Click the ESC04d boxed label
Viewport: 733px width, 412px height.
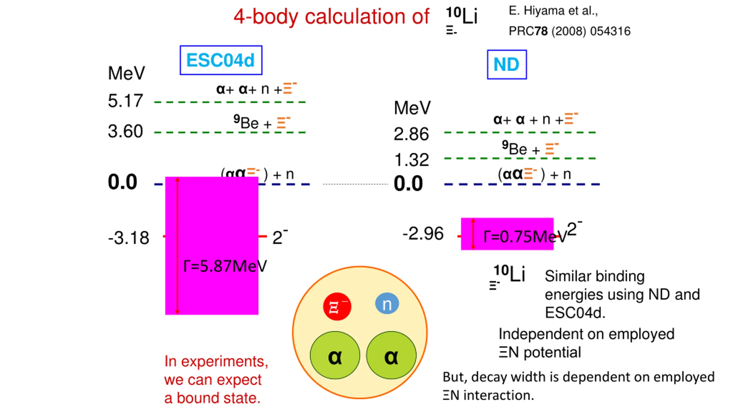click(x=221, y=60)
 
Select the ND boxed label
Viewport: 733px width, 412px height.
click(x=507, y=65)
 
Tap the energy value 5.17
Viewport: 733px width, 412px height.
click(x=125, y=101)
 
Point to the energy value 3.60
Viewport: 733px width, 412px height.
click(x=125, y=132)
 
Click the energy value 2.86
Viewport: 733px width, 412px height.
click(x=411, y=134)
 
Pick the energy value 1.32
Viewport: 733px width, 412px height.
click(x=411, y=160)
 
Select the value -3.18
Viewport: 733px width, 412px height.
click(x=129, y=238)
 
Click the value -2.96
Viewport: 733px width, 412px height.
click(x=423, y=234)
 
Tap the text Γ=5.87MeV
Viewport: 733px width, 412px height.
click(x=225, y=266)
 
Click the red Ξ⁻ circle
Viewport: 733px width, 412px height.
click(x=337, y=306)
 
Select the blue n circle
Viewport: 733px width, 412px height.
click(x=387, y=304)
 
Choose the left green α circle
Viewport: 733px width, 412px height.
click(x=335, y=356)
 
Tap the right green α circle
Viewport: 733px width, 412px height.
click(x=391, y=356)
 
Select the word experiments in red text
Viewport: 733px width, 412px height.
click(x=224, y=362)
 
